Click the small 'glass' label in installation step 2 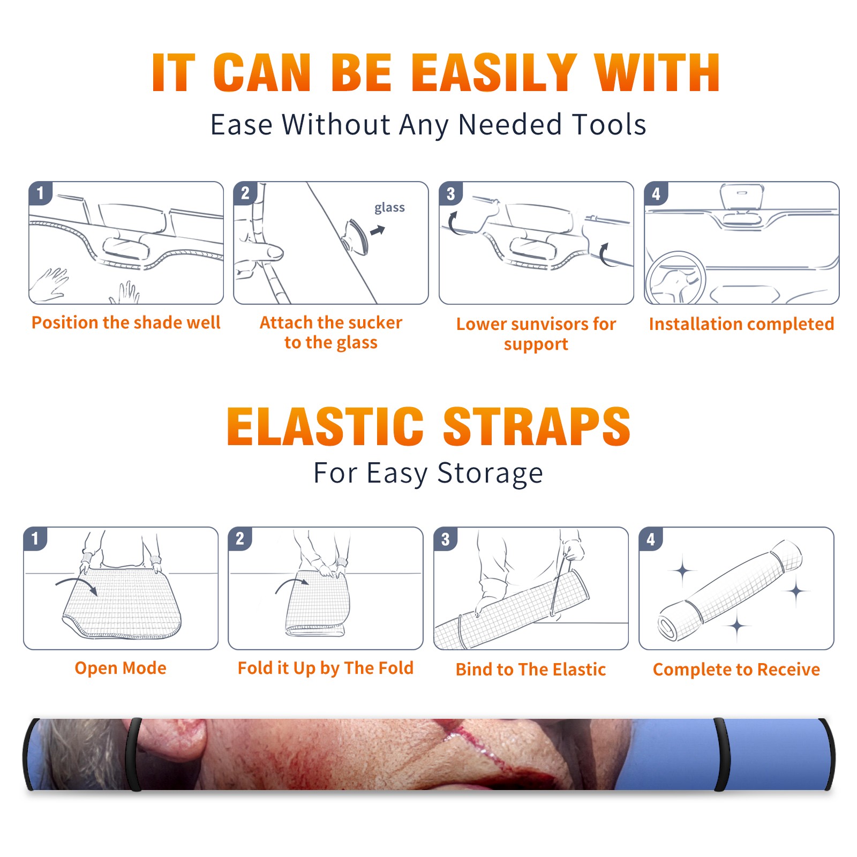pos(389,208)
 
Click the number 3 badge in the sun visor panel pos(450,193)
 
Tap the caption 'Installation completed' pos(741,324)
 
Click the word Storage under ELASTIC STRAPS pos(490,473)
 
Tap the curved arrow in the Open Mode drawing pos(77,584)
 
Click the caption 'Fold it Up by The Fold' pos(326,668)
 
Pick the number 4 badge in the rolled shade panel pos(650,539)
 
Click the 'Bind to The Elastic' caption pos(531,670)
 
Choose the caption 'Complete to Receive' pos(736,670)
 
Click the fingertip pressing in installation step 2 pos(275,252)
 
